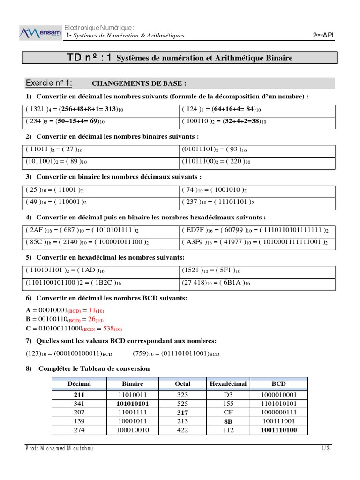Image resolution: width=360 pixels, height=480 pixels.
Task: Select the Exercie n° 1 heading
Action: pyautogui.click(x=49, y=83)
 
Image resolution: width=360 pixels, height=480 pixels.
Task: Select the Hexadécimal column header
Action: pyautogui.click(x=228, y=383)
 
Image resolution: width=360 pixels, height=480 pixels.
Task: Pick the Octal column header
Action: pyautogui.click(x=182, y=383)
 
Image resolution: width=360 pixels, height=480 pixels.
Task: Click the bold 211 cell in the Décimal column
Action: pyautogui.click(x=79, y=395)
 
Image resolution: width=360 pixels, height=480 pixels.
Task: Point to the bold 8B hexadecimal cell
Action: pyautogui.click(x=228, y=421)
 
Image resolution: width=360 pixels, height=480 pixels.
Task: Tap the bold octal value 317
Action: pyautogui.click(x=182, y=412)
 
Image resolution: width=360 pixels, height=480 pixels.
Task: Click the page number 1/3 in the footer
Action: pyautogui.click(x=325, y=449)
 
